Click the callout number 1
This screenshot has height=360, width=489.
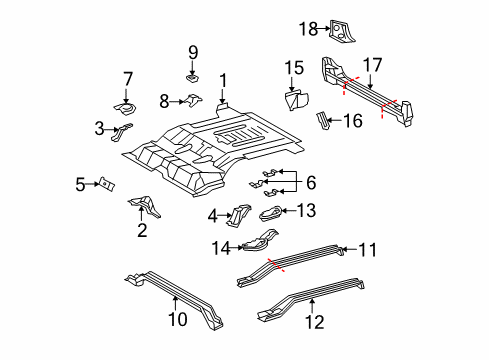pos(224,81)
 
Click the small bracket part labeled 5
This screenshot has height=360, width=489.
pos(105,185)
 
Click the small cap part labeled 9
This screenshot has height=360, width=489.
pos(193,75)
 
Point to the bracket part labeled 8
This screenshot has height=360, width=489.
pos(193,100)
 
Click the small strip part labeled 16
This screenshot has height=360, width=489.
pos(323,122)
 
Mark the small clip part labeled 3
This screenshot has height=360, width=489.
pos(125,130)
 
